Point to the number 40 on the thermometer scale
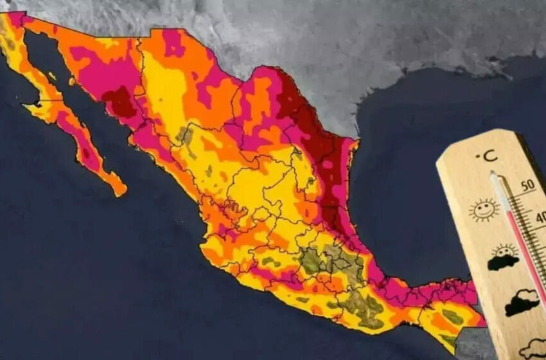click(541, 217)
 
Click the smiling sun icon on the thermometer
click(484, 210)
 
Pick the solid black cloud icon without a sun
click(521, 303)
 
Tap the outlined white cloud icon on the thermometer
click(533, 348)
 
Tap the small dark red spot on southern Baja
click(85, 153)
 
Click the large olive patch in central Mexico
click(312, 261)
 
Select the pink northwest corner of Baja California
click(13, 19)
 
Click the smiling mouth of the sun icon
click(484, 214)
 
